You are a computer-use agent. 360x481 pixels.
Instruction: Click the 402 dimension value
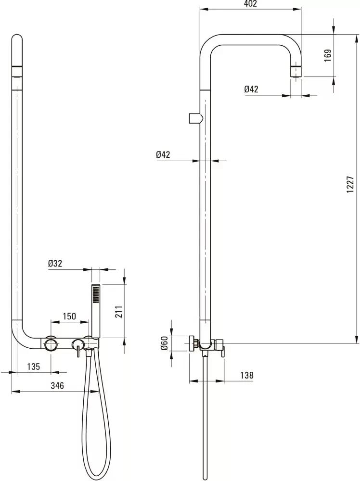pyautogui.click(x=250, y=4)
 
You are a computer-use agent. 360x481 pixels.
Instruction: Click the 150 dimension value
pyautogui.click(x=70, y=316)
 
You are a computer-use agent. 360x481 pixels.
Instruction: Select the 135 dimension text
pyautogui.click(x=33, y=367)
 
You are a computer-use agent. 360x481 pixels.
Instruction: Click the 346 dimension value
pyautogui.click(x=57, y=386)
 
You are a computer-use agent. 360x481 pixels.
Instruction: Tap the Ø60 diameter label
pyautogui.click(x=164, y=343)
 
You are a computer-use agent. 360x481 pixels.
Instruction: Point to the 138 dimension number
pyautogui.click(x=246, y=375)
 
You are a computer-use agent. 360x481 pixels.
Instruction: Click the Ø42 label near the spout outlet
pyautogui.click(x=251, y=89)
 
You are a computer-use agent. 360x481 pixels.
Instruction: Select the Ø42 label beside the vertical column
pyautogui.click(x=164, y=154)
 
